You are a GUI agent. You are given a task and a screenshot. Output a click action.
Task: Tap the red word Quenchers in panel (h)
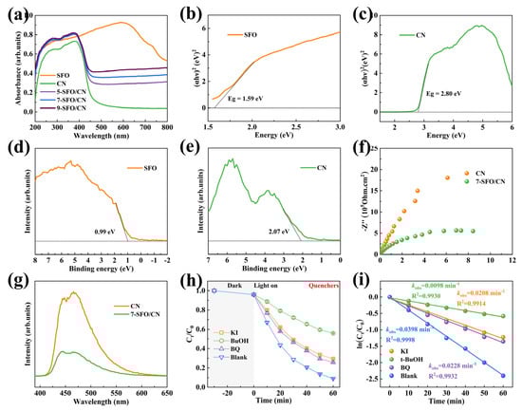[316, 288]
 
